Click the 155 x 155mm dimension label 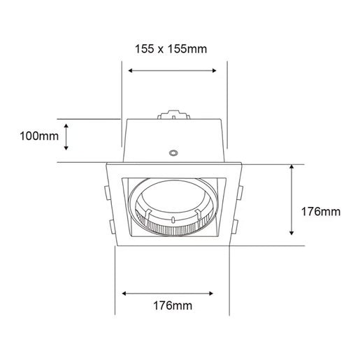(171, 49)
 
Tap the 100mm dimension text (39, 136)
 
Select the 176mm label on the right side (321, 212)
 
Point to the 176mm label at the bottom (173, 305)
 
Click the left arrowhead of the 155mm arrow (130, 71)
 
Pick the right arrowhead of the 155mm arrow (215, 71)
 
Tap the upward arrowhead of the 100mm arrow (66, 126)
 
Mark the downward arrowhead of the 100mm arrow (66, 147)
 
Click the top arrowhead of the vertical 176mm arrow (291, 166)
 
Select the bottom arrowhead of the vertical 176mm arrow (291, 233)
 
